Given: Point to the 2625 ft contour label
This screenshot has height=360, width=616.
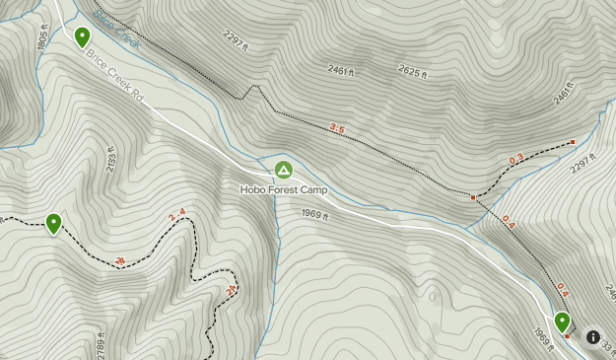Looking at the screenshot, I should tap(417, 69).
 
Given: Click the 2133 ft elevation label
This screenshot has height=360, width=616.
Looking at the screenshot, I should tap(111, 161).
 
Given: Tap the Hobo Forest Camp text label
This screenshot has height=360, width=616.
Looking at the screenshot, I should tap(283, 189).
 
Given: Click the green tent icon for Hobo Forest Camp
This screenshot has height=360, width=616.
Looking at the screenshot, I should tap(284, 170).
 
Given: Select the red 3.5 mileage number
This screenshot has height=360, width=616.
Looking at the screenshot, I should tap(337, 128).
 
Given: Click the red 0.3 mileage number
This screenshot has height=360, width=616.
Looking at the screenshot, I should tap(516, 158).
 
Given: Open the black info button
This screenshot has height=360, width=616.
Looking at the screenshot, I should tap(593, 336).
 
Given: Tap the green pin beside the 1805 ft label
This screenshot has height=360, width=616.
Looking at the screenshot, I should tap(83, 37).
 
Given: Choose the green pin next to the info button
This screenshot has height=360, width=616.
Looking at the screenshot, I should tap(562, 321).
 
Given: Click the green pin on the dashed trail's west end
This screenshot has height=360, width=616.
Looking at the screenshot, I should tap(53, 223).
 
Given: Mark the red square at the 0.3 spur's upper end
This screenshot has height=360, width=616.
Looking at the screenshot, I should tap(573, 142).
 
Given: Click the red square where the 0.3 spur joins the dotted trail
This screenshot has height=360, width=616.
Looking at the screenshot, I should tap(473, 197).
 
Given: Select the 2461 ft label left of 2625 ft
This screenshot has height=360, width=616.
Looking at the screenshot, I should tap(340, 72).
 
